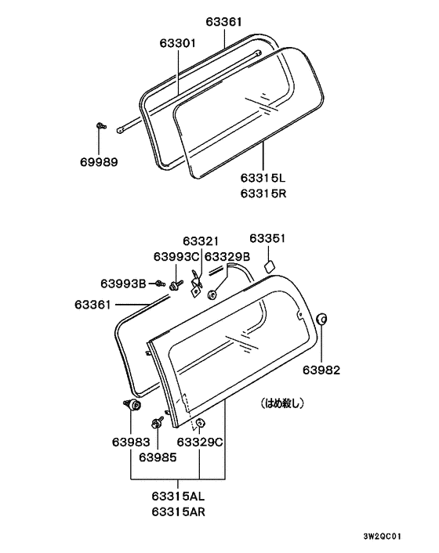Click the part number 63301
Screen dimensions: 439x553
pyautogui.click(x=177, y=43)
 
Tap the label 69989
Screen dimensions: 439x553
pyautogui.click(x=99, y=162)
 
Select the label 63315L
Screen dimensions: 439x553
pyautogui.click(x=263, y=178)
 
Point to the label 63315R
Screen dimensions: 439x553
pyautogui.click(x=263, y=193)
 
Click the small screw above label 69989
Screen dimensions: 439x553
pyautogui.click(x=101, y=125)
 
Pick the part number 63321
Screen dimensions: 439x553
pyautogui.click(x=201, y=241)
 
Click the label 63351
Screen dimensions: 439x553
pyautogui.click(x=267, y=238)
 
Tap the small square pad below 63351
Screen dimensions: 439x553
pyautogui.click(x=269, y=266)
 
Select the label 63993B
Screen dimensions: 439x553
pyautogui.click(x=123, y=284)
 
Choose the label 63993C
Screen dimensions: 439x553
pyautogui.click(x=176, y=257)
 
